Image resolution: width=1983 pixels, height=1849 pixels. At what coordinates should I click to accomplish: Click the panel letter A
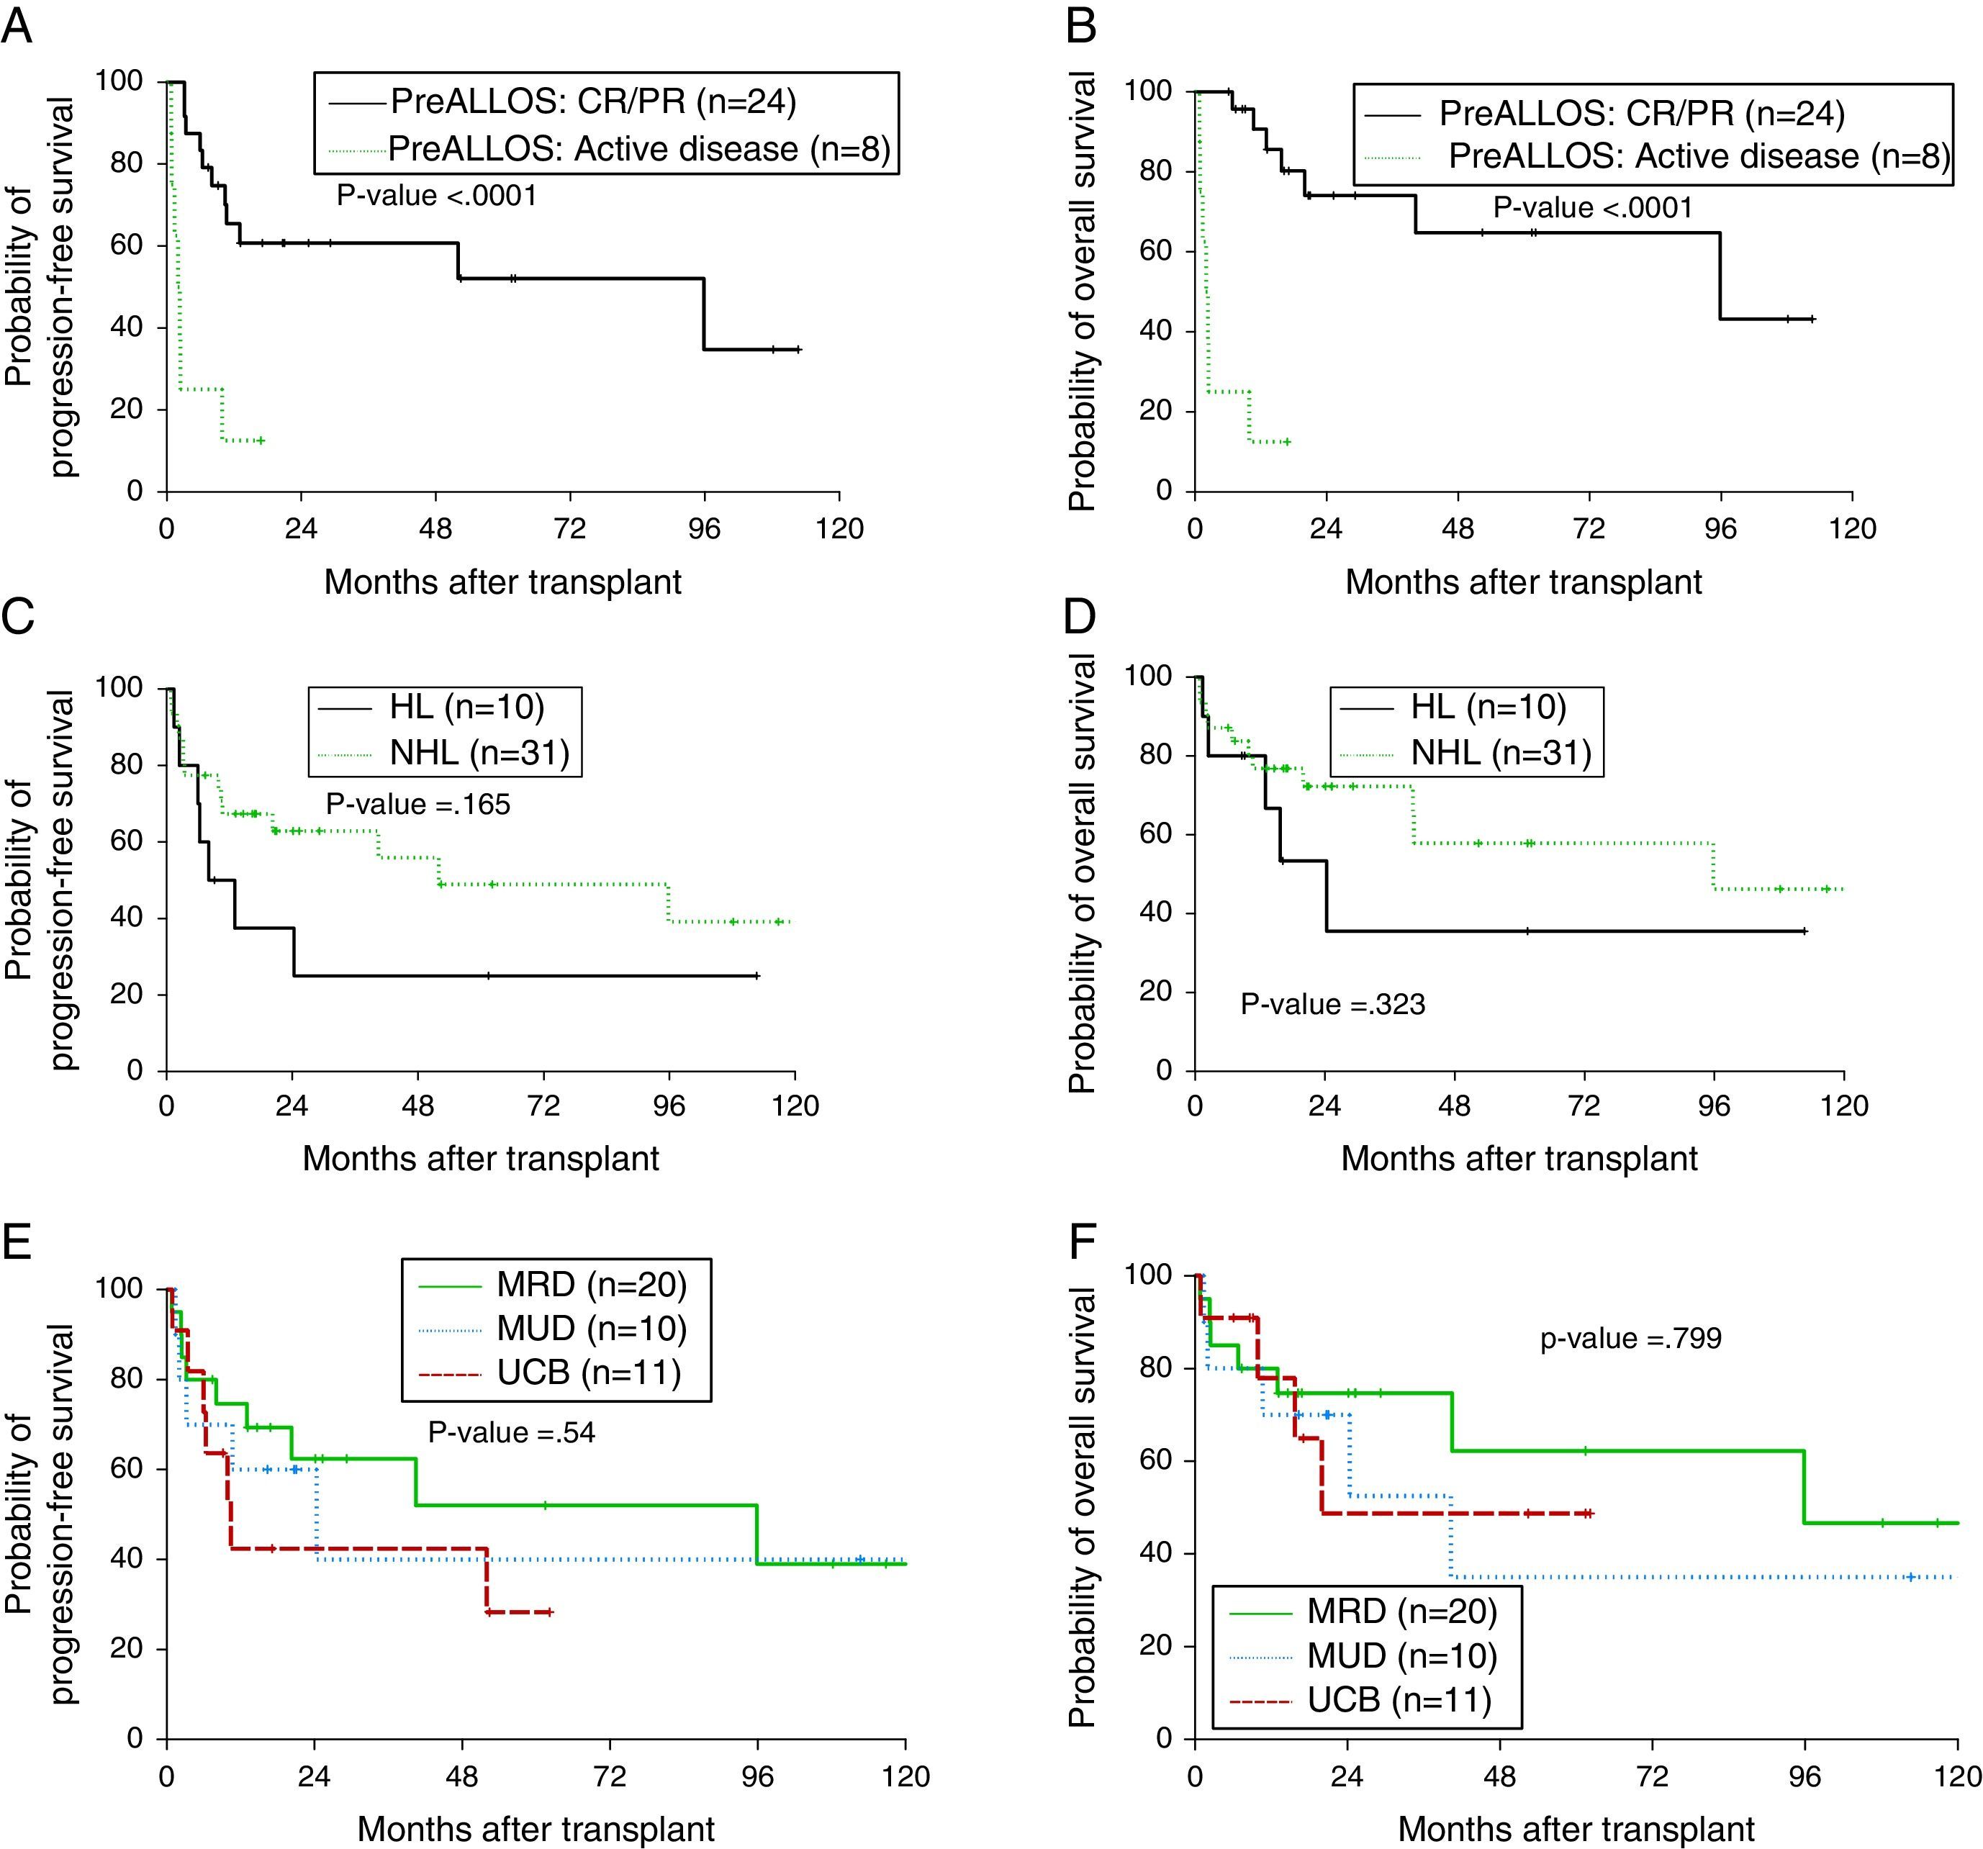[17, 26]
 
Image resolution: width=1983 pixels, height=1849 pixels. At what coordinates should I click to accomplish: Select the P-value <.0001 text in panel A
[437, 196]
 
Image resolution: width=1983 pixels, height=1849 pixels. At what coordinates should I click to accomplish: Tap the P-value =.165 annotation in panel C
[418, 804]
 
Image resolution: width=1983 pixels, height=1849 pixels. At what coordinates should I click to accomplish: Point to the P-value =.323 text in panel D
[1332, 1003]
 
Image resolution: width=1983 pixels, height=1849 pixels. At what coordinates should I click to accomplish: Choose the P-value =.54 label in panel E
[512, 1432]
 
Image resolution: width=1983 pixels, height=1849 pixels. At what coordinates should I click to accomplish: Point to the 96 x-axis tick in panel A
[704, 528]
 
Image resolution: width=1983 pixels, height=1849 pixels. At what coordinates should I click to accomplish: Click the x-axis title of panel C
[481, 1158]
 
